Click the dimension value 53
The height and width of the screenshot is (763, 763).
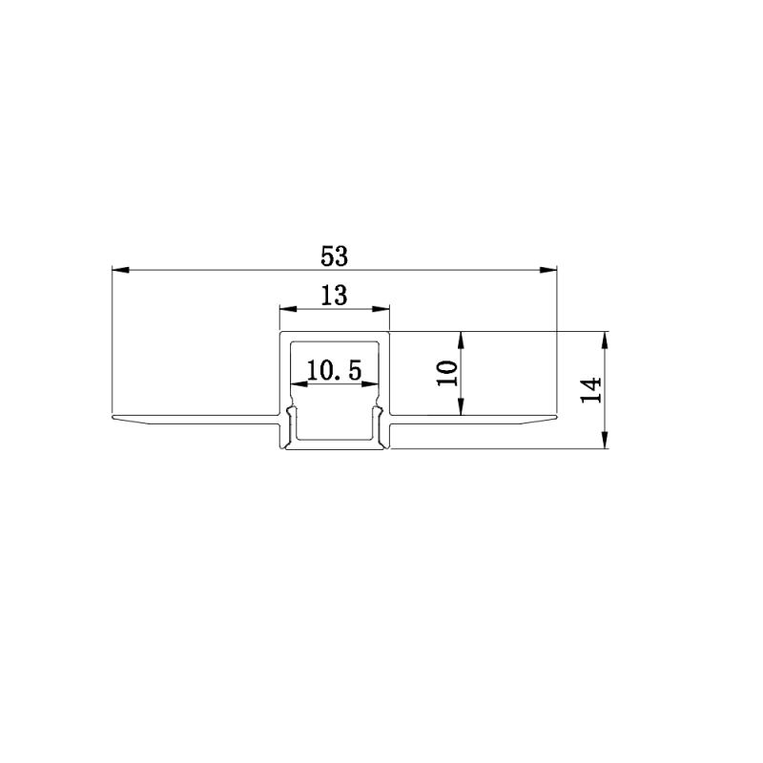pos(335,257)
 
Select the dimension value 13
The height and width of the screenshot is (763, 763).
pos(335,296)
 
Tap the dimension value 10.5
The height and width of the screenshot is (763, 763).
pos(335,371)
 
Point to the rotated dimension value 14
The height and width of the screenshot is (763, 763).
pos(591,390)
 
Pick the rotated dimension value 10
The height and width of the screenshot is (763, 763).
pos(447,373)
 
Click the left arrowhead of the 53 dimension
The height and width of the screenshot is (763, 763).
pos(121,270)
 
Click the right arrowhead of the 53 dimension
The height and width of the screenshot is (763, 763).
pos(547,270)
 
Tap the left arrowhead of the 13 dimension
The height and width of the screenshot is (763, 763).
pos(288,309)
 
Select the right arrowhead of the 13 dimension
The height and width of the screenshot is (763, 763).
pos(381,309)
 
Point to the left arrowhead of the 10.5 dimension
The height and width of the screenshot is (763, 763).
pos(299,384)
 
